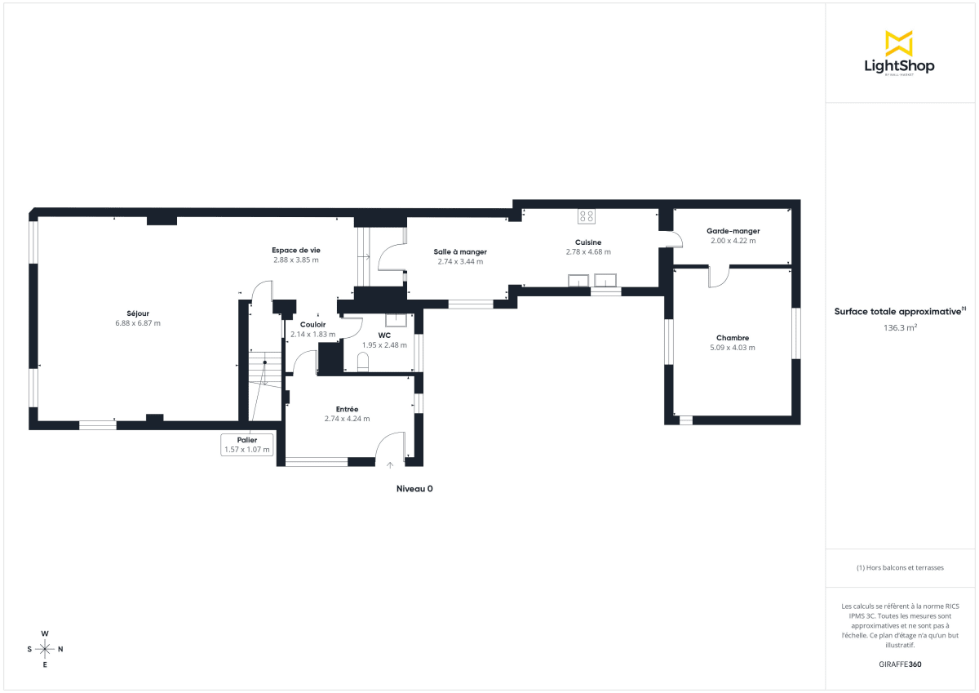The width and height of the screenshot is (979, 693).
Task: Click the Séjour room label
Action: (x=138, y=313)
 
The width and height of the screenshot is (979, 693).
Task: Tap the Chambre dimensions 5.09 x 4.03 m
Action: (x=733, y=348)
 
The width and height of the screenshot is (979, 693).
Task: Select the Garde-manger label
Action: (x=733, y=231)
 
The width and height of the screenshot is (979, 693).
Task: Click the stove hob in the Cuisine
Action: (x=587, y=216)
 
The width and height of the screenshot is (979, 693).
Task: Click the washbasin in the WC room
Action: (x=396, y=320)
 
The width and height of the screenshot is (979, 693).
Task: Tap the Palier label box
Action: (x=246, y=445)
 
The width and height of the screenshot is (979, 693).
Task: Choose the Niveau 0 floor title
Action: (x=414, y=489)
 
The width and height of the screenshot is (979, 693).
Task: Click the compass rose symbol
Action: (x=46, y=649)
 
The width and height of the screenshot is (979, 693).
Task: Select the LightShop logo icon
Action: (x=899, y=43)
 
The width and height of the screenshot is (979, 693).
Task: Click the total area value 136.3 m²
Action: (x=900, y=328)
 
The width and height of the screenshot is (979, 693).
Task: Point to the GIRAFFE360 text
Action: (x=900, y=664)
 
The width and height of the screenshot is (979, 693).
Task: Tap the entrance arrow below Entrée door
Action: (x=390, y=464)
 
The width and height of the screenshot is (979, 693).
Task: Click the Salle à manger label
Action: (x=460, y=251)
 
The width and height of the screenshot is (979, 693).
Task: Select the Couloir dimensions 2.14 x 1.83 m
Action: (x=312, y=334)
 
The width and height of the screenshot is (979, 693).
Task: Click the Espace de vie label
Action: (x=296, y=250)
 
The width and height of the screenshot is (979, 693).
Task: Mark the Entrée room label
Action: (x=347, y=409)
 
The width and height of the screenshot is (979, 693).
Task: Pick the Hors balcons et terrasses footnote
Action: (x=900, y=567)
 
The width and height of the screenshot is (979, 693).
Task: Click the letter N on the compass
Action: (x=61, y=650)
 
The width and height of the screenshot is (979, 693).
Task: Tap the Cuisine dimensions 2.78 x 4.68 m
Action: (x=588, y=252)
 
